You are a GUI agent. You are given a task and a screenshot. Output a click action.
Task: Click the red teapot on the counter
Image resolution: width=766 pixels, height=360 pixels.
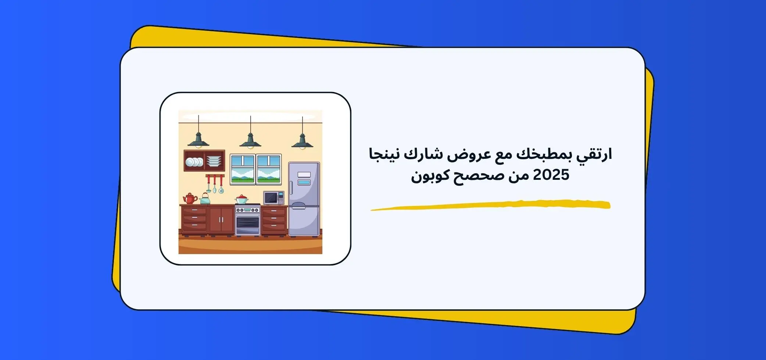[190, 199]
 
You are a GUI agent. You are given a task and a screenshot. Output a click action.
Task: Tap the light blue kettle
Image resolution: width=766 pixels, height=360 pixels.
[205, 199]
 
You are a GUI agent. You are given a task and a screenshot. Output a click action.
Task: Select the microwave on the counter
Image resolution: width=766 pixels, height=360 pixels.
[273, 198]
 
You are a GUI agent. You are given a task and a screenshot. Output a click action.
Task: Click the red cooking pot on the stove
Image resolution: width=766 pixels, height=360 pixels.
[242, 200]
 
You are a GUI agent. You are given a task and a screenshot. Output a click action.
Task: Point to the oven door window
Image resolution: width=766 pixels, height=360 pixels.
[247, 222]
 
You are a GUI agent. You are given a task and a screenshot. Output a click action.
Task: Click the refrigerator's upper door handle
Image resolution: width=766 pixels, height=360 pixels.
[291, 188]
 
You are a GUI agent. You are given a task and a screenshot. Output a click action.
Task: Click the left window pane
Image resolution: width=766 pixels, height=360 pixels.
[243, 169]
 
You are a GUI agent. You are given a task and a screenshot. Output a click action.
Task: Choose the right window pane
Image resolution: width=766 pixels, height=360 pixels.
[269, 169]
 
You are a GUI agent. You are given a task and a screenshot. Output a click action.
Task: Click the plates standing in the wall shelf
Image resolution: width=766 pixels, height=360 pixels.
[194, 162]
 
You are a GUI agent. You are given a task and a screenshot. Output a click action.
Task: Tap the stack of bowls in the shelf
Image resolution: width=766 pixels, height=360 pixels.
[214, 161]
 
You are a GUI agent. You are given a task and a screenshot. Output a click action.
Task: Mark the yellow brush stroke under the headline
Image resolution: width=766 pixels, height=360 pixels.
[490, 205]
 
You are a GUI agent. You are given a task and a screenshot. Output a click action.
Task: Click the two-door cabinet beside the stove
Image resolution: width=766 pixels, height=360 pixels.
[221, 220]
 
